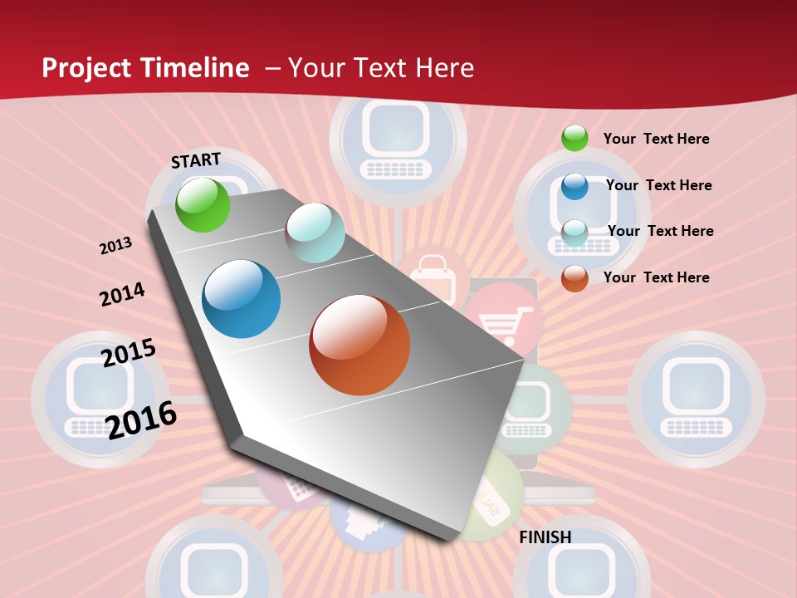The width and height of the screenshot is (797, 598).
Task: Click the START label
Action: point(196,160)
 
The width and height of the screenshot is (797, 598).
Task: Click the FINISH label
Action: point(545,537)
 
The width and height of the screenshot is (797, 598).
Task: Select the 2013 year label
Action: point(115,246)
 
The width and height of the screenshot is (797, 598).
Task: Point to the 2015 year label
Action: point(129,352)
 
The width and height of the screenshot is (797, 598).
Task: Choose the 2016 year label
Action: point(141,419)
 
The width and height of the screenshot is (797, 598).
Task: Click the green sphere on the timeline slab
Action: point(203,204)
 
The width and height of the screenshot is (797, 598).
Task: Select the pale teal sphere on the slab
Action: point(315,233)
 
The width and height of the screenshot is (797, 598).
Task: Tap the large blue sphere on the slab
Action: point(242,299)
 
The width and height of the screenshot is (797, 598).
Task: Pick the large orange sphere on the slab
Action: point(359,345)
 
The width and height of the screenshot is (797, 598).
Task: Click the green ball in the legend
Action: point(575,139)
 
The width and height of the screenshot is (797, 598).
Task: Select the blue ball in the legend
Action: point(575,186)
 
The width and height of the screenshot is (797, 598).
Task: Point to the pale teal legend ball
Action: point(575,233)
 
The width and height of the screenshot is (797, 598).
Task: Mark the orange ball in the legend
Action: point(575,278)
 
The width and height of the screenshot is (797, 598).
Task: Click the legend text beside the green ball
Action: point(656,139)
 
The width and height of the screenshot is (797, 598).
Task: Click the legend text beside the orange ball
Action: point(656,277)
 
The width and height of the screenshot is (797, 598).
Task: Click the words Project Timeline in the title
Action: point(145,68)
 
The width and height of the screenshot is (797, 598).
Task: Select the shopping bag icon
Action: point(433,277)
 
